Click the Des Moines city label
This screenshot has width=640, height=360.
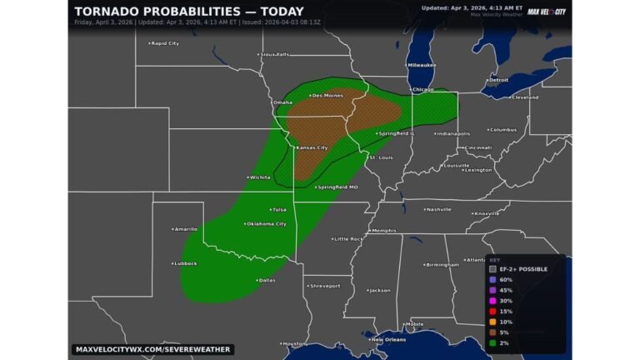[327, 96]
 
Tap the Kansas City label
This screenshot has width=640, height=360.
[311, 147]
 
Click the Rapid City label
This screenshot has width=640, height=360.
[164, 43]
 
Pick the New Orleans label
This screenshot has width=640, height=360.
[387, 339]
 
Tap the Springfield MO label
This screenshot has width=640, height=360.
[337, 187]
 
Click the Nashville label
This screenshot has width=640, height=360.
[438, 210]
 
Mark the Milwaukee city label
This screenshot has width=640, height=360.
[422, 65]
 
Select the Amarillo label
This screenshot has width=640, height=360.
[185, 228]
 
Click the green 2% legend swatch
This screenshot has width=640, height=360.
[493, 342]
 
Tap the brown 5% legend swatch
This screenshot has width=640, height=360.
[493, 332]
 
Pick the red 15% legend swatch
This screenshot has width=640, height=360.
[493, 311]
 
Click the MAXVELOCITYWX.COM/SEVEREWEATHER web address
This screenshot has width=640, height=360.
[152, 349]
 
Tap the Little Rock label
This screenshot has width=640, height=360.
[348, 239]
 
